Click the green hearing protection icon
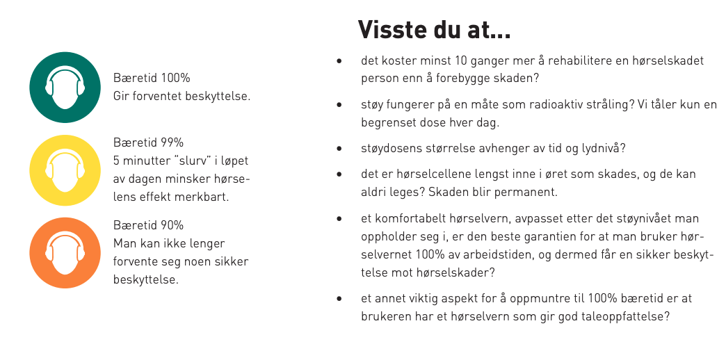pos(65,88)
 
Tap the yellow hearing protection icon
pos(65,170)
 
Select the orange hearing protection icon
pos(65,253)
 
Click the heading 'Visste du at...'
pos(435,30)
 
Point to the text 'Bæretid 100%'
pos(152,77)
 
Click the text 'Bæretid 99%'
pos(148,142)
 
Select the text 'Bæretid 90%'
pos(148,225)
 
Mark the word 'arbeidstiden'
pos(502,254)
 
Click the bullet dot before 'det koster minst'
pos(339,61)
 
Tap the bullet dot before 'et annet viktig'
pos(339,299)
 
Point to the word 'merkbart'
pos(206,197)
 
